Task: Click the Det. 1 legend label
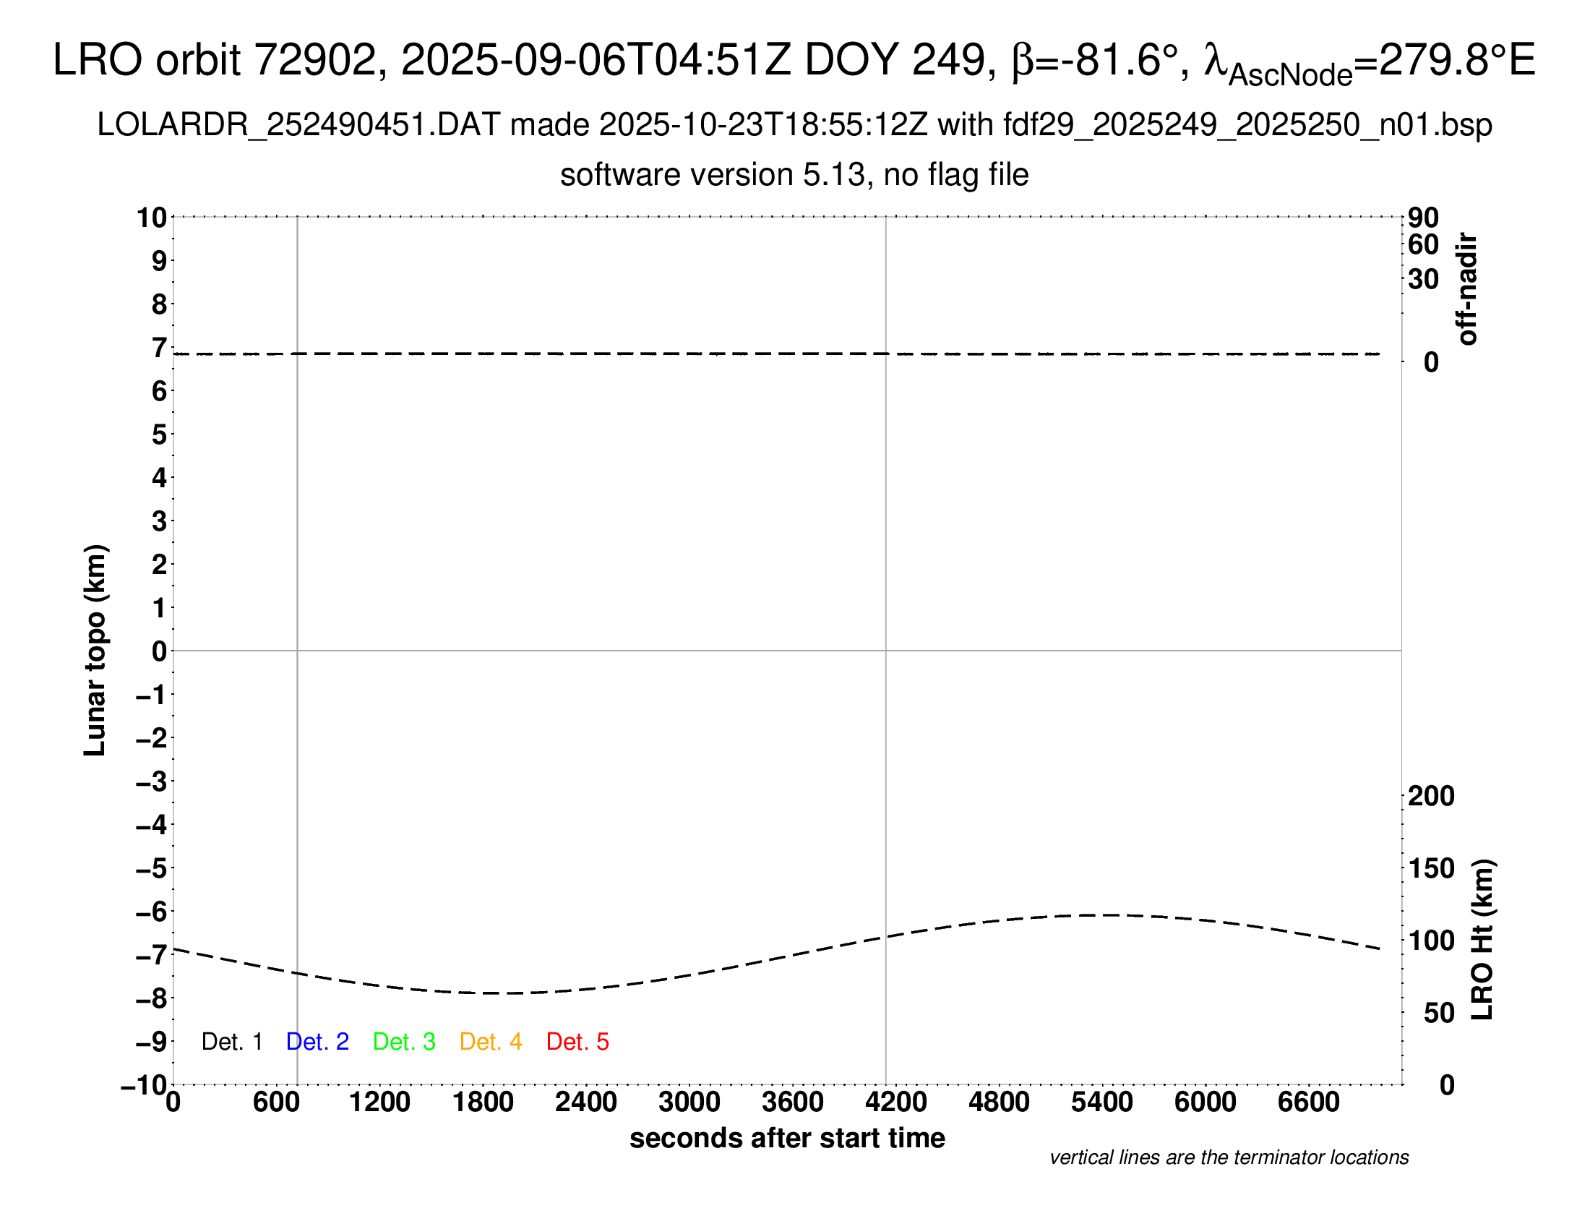point(231,1042)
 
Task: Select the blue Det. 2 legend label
point(317,1042)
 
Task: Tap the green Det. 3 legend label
point(404,1042)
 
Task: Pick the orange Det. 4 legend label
point(491,1042)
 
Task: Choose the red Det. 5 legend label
point(577,1042)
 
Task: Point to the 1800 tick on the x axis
point(483,1102)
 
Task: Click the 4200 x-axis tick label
point(895,1102)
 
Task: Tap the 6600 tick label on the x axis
point(1308,1102)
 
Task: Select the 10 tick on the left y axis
point(152,218)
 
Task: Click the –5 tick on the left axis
point(151,868)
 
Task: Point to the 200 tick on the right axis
point(1430,797)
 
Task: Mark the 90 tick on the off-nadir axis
point(1423,218)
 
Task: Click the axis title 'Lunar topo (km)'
point(95,650)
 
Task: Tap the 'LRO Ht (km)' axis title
point(1482,940)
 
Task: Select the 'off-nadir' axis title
point(1467,289)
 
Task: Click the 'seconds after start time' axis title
point(787,1138)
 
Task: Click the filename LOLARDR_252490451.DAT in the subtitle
point(298,125)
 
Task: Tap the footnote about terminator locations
point(1229,1157)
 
